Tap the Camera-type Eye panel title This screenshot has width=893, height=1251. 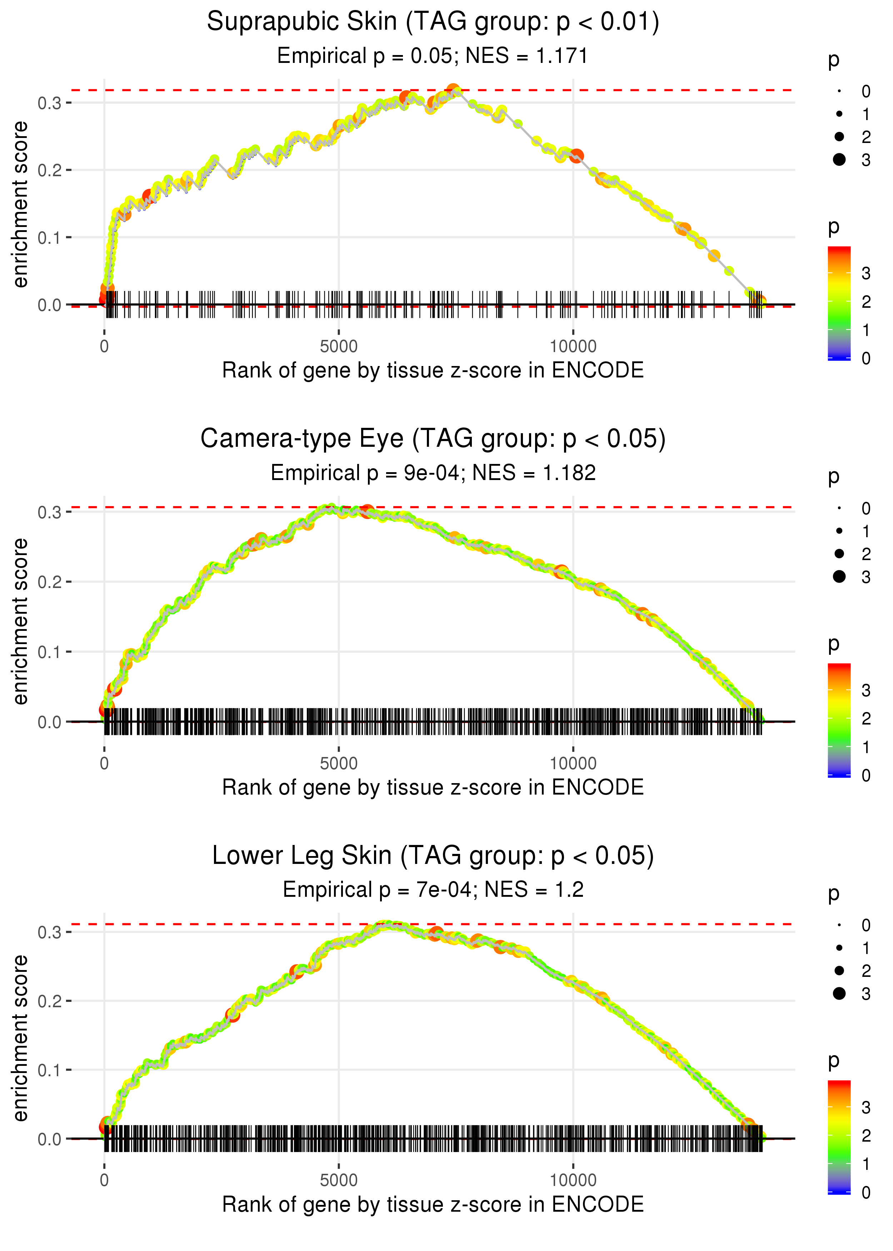click(433, 439)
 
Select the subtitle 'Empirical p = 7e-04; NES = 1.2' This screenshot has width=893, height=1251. click(433, 890)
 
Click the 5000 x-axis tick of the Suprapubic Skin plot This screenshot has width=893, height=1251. click(339, 347)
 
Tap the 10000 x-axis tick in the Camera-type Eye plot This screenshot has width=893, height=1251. click(573, 763)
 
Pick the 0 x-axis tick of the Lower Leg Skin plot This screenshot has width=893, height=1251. click(104, 1180)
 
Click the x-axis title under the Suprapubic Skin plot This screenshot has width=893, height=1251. click(433, 370)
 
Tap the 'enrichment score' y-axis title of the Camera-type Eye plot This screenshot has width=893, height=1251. click(21, 621)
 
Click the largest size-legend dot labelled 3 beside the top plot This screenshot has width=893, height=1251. click(839, 159)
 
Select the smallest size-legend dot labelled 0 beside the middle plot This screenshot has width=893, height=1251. click(839, 508)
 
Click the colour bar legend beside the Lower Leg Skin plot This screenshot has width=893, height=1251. click(839, 1136)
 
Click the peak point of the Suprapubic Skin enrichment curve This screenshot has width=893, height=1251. click(453, 90)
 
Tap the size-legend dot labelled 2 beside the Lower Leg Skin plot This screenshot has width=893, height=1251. click(839, 970)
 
